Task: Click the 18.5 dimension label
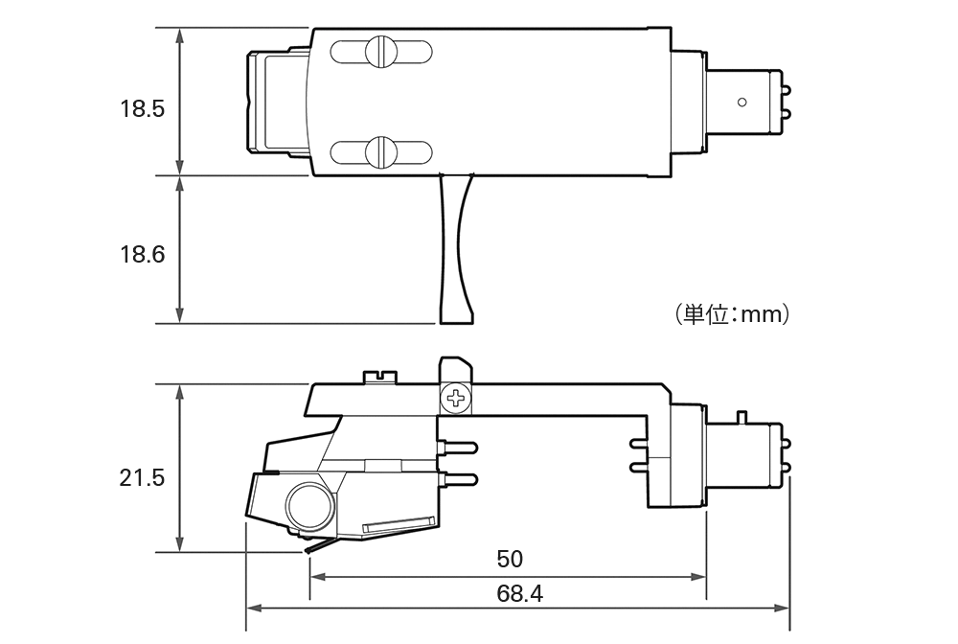coord(142,108)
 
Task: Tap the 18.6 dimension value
coord(142,254)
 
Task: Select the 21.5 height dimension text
coord(142,478)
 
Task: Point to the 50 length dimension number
coord(510,559)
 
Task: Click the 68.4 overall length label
coord(519,593)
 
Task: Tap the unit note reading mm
coord(733,314)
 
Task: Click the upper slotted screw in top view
coord(381,52)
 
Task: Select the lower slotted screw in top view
coord(381,151)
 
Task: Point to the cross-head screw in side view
coord(456,399)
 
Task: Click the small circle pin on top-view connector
coord(741,102)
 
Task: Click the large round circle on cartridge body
coord(311,505)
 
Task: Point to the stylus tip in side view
coord(308,550)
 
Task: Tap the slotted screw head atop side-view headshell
coord(379,377)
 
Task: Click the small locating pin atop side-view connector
coord(741,417)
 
